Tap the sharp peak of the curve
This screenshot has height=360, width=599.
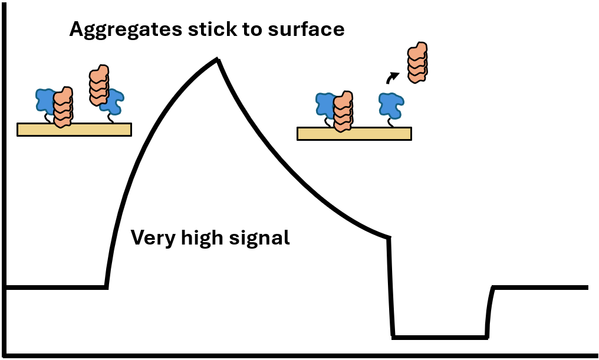tap(218, 60)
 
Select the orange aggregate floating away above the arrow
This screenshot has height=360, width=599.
tap(417, 62)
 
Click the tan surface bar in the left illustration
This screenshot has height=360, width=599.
tap(74, 129)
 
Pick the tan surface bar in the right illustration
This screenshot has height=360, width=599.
tap(354, 134)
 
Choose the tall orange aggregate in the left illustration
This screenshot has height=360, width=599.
tap(99, 84)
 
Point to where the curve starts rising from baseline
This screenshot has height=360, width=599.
tap(107, 287)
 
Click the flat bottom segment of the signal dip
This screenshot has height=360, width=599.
tap(440, 337)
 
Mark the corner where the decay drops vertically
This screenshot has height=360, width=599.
tap(389, 237)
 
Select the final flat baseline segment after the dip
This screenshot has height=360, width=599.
tap(539, 287)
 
